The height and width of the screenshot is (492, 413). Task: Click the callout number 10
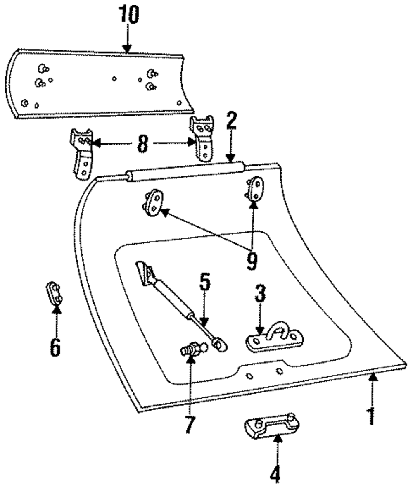pos(128,15)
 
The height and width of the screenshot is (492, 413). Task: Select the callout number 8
pos(142,144)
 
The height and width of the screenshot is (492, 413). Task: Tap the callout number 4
pos(275,473)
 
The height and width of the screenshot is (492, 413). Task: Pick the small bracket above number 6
pos(54,293)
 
